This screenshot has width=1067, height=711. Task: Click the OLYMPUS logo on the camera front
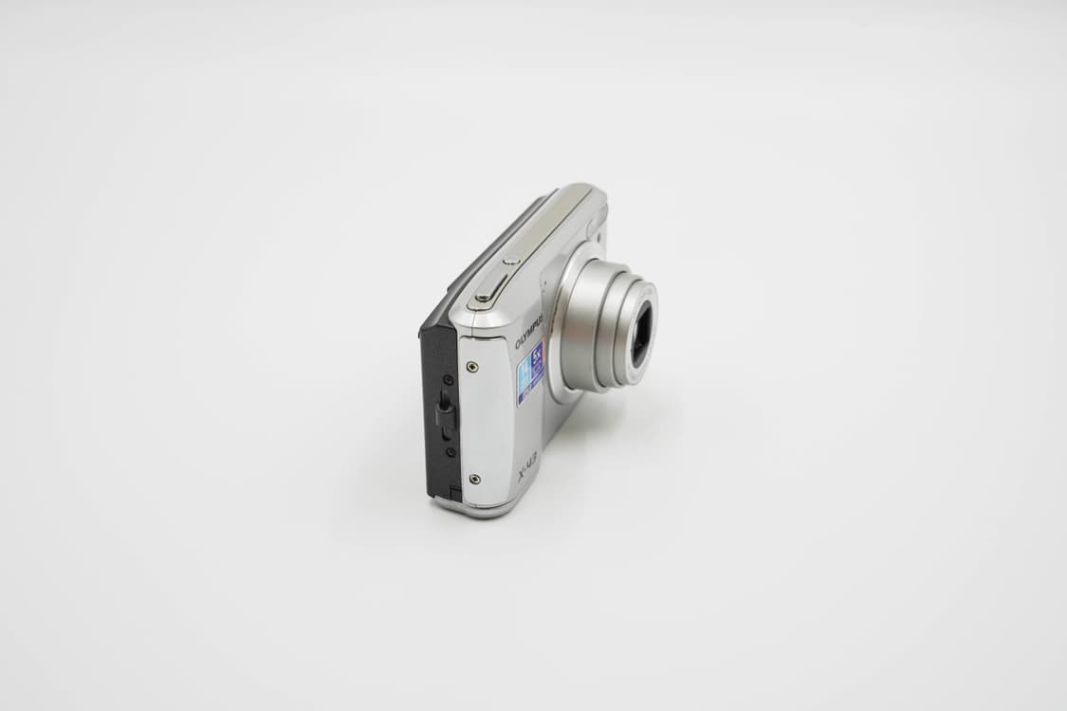[x=528, y=333]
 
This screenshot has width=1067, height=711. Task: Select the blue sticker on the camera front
[x=530, y=374]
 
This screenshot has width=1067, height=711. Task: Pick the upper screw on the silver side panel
[x=472, y=367]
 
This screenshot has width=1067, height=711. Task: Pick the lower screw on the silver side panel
[x=474, y=479]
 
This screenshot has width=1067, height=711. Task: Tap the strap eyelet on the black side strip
[x=444, y=412]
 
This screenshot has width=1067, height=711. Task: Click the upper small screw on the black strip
[x=447, y=379]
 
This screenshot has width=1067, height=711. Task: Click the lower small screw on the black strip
[x=450, y=451]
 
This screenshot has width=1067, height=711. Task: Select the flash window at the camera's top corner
[x=596, y=224]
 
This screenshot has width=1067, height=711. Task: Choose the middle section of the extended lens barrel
[x=616, y=332]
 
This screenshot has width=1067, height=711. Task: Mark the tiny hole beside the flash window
[x=589, y=236]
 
